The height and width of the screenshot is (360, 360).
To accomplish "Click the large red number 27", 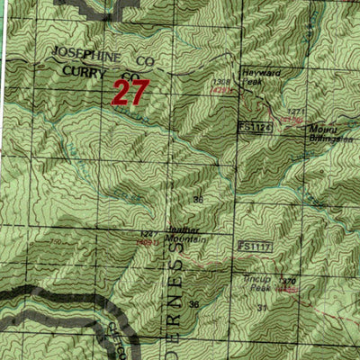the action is click(x=130, y=92).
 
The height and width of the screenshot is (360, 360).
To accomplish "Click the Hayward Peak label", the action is click(x=256, y=76).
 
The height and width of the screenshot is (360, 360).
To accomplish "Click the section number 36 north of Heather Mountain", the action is click(x=197, y=199).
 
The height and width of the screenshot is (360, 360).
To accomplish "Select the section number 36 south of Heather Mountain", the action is click(x=194, y=305).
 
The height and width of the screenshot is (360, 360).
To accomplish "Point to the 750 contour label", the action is click(x=55, y=243).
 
